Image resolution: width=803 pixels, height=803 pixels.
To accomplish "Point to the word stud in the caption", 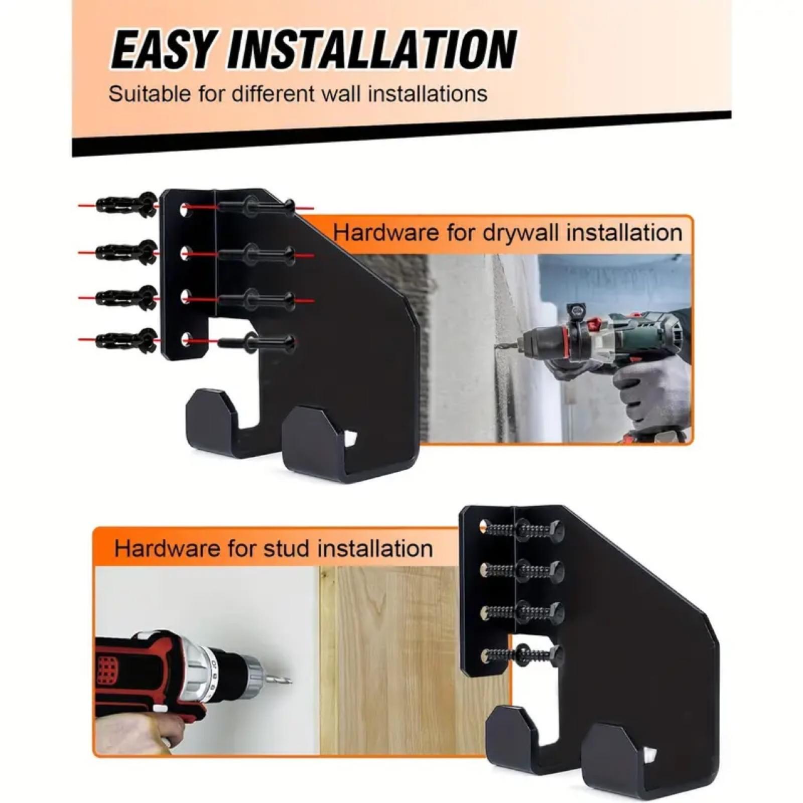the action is pos(288,548).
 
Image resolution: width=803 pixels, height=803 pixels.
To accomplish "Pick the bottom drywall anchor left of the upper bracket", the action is pos(126,341).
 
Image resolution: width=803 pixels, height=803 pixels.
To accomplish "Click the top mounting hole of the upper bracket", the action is pos(186,208).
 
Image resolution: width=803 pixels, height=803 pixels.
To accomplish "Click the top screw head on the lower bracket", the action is pos(555,529).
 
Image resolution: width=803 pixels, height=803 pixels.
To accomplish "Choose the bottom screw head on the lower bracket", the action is pos(555,653).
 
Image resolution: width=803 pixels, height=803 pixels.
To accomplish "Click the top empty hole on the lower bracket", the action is pos(483,526).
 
